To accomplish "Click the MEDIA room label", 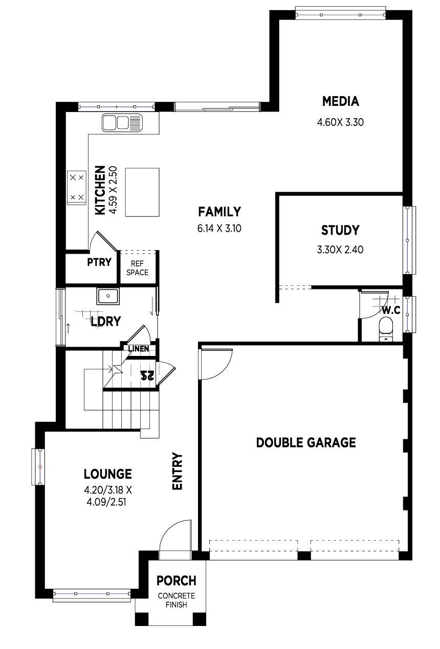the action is pos(341,101).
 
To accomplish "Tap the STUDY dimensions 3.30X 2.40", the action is pos(340,250).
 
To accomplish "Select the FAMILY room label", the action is pos(219,212).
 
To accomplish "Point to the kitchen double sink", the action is pos(122,123).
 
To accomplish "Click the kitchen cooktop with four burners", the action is pos(77,188).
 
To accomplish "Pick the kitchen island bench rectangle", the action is pos(142,192).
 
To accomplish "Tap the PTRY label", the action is pos(99,262).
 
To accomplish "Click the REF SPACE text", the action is pos(138,268).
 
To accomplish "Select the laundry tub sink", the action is pos(108,296).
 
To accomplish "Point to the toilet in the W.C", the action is pos(386,329).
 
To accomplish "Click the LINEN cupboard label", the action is pos(139,349).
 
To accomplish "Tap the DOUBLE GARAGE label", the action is pos(306,443).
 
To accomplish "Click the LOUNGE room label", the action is pos(108,474).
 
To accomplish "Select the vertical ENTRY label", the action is pos(177,472).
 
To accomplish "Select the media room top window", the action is pos(341,14).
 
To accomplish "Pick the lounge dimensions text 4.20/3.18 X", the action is pos(108,490).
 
